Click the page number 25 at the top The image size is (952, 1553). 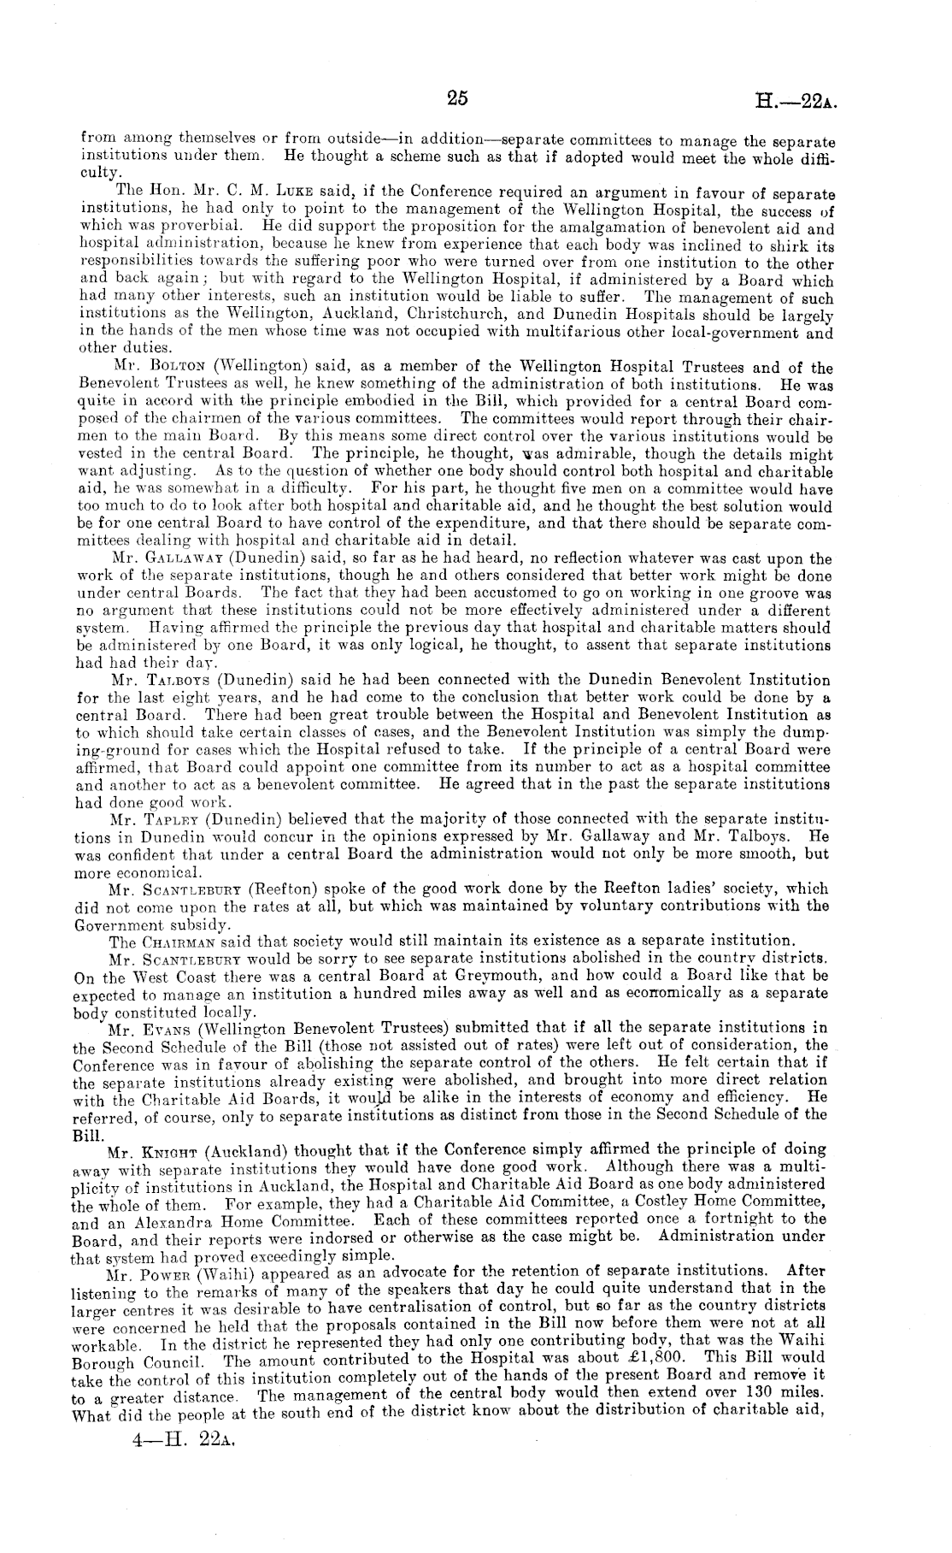click(x=457, y=97)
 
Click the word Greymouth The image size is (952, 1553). click(x=466, y=975)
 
